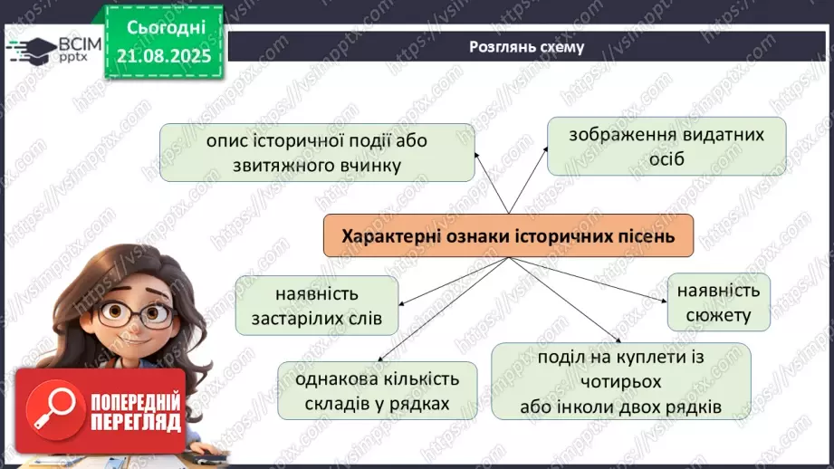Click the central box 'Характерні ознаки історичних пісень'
[x=508, y=236]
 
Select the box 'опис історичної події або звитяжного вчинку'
[x=317, y=153]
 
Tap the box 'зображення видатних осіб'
[x=666, y=147]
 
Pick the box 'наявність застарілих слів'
[x=316, y=306]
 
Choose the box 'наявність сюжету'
[x=719, y=302]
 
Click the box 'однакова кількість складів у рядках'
[x=377, y=390]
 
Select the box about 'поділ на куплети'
[x=620, y=381]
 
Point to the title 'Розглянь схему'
[x=525, y=47]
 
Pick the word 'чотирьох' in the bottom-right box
[x=620, y=381]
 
